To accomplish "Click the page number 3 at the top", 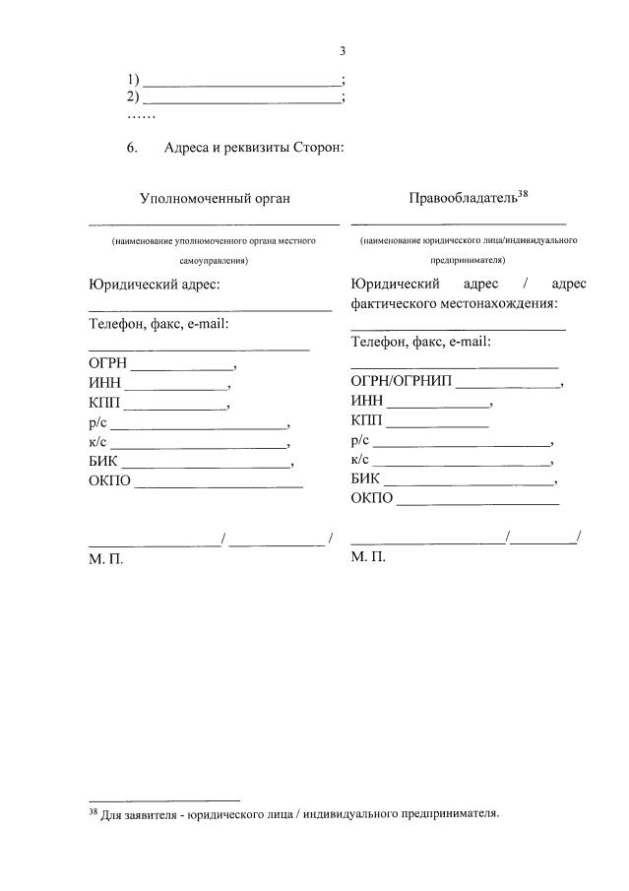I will pos(342,52).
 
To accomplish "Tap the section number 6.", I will pos(131,148).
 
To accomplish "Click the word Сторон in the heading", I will pos(316,148).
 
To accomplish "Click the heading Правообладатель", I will pos(462,199).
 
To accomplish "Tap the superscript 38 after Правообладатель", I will pos(523,194).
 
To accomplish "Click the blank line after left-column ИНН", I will pos(177,386).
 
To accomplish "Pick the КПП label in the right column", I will pos(367,421).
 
